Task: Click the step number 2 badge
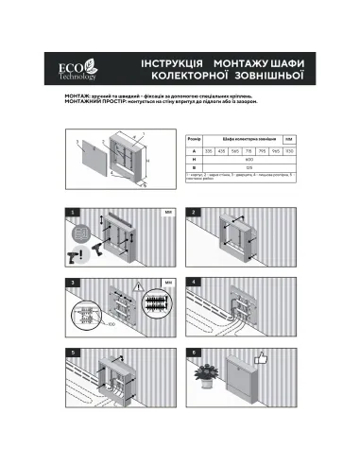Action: (193, 211)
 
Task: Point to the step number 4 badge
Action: (193, 282)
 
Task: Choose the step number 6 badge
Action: (193, 353)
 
